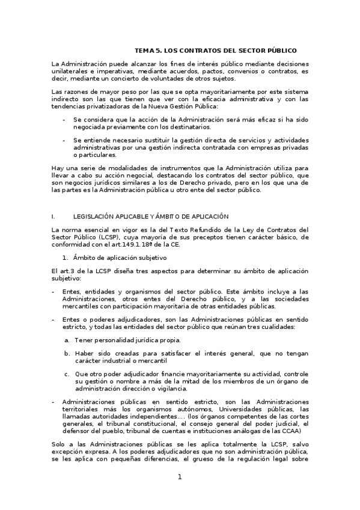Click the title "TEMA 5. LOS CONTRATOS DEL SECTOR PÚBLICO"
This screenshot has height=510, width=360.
tap(215, 51)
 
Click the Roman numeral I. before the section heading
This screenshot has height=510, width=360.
tap(53, 216)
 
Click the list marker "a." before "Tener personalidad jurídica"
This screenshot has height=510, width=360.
tap(67, 340)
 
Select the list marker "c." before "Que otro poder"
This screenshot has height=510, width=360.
tap(67, 374)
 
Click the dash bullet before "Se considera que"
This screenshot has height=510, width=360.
tap(64, 120)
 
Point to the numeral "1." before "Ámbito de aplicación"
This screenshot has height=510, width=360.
tap(67, 257)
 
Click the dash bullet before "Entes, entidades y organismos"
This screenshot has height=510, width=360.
tap(53, 291)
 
